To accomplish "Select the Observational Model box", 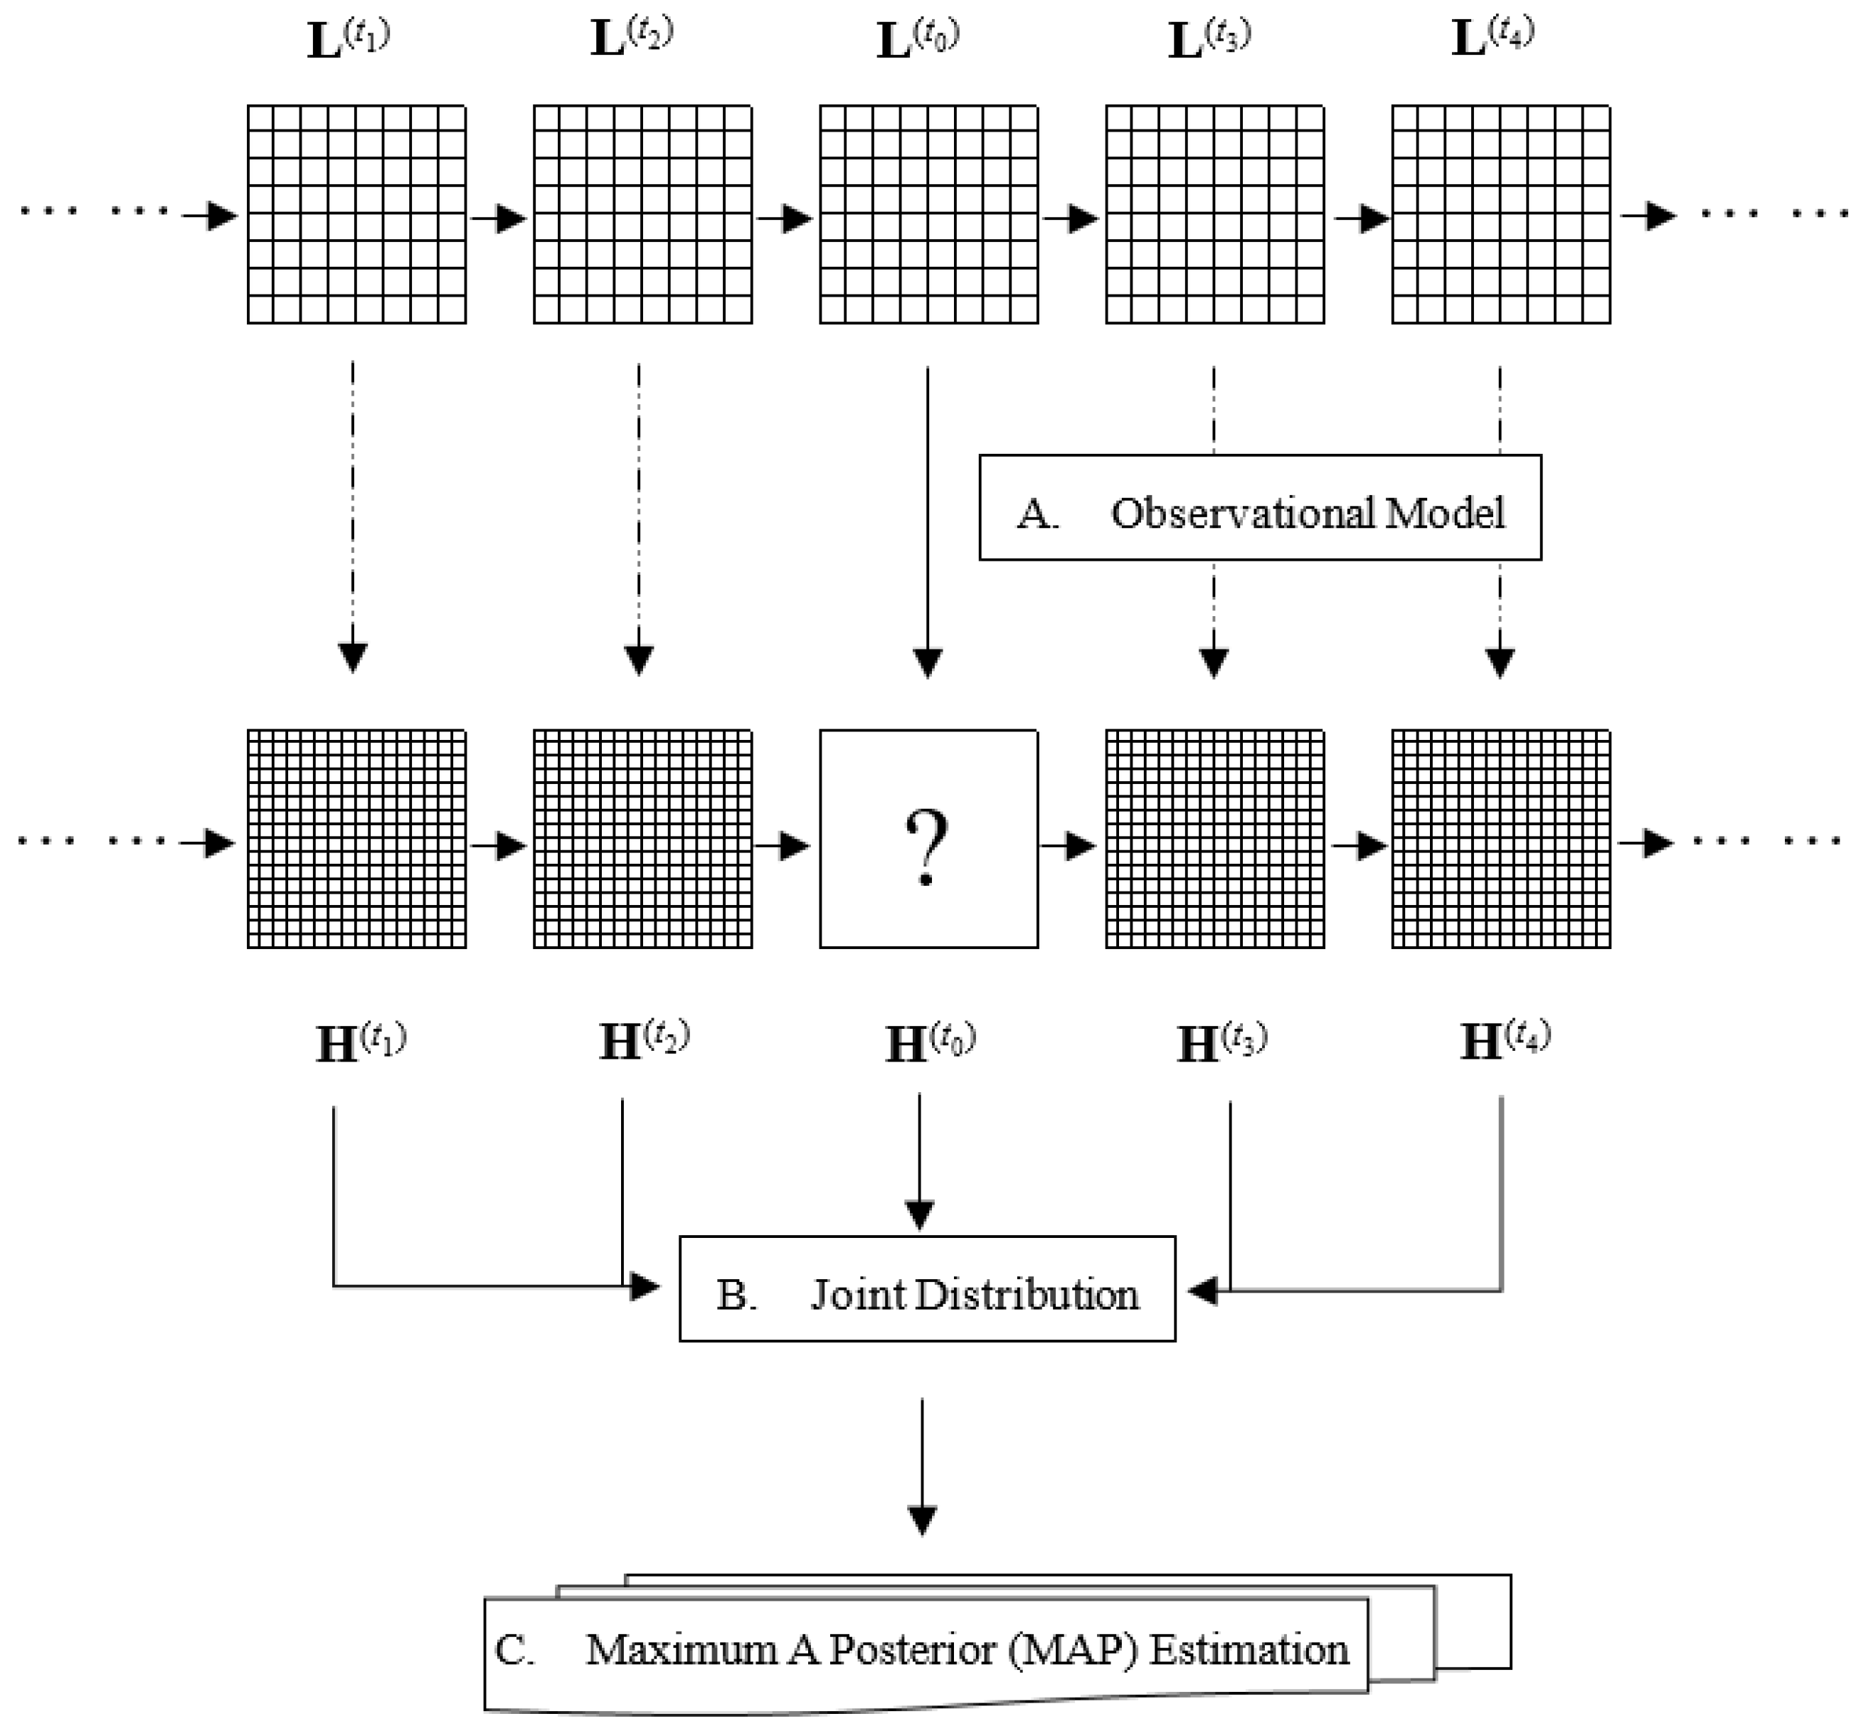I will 1259,508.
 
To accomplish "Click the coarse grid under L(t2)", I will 642,214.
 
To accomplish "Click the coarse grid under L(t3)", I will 1214,214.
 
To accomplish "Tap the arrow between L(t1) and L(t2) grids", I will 499,219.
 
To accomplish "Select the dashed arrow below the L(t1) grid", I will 352,515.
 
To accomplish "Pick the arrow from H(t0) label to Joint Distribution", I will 919,1162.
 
